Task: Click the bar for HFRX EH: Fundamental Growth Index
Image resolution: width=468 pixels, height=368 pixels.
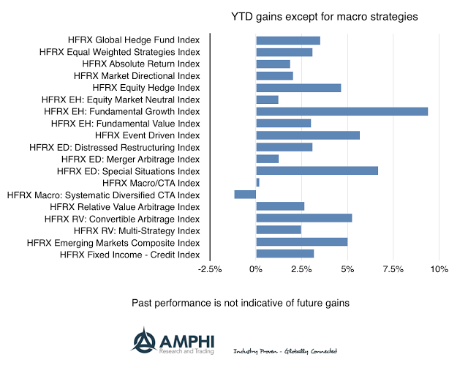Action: [x=341, y=111]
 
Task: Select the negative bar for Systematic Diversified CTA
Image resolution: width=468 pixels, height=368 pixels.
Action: [x=245, y=194]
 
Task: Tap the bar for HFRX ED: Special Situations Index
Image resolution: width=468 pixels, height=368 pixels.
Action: [x=317, y=170]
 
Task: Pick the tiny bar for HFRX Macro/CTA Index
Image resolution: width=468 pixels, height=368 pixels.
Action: [x=257, y=182]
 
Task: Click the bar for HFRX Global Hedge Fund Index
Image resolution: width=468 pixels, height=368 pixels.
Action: [x=288, y=40]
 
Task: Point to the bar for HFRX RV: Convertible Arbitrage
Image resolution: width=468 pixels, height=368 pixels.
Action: [x=303, y=218]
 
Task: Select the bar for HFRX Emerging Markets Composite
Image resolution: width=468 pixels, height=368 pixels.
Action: [x=301, y=241]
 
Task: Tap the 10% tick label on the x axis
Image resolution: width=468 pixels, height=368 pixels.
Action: [x=439, y=269]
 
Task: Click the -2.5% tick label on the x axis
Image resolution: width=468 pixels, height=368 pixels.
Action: [x=210, y=269]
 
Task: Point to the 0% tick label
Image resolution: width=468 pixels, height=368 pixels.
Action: [x=256, y=269]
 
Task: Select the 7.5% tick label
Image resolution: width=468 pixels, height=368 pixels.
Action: [x=393, y=269]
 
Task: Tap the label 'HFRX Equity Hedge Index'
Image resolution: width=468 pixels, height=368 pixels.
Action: [x=146, y=88]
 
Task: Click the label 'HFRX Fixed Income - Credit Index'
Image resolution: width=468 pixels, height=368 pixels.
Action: [x=129, y=254]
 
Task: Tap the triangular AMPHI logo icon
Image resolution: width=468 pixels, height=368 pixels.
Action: [x=143, y=339]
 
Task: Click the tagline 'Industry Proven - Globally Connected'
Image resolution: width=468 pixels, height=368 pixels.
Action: [x=285, y=351]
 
